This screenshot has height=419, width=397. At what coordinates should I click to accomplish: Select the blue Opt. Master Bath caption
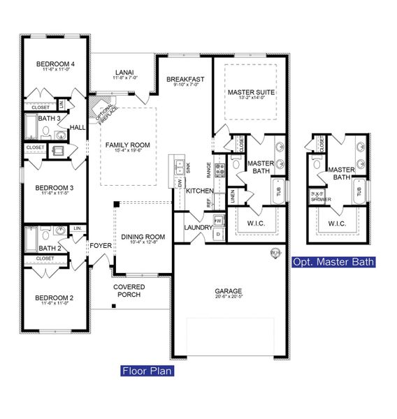pyautogui.click(x=333, y=262)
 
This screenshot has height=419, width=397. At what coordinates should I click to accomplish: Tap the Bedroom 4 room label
pyautogui.click(x=55, y=64)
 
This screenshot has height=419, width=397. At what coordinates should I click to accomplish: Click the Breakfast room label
pyautogui.click(x=185, y=80)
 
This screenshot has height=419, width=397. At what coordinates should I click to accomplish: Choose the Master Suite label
pyautogui.click(x=251, y=92)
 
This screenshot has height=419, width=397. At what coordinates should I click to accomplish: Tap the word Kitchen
pyautogui.click(x=199, y=191)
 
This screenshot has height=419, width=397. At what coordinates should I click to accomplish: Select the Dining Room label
pyautogui.click(x=143, y=237)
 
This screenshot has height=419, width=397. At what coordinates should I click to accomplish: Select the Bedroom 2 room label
pyautogui.click(x=55, y=297)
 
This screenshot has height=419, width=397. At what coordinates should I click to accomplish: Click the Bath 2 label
pyautogui.click(x=48, y=248)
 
